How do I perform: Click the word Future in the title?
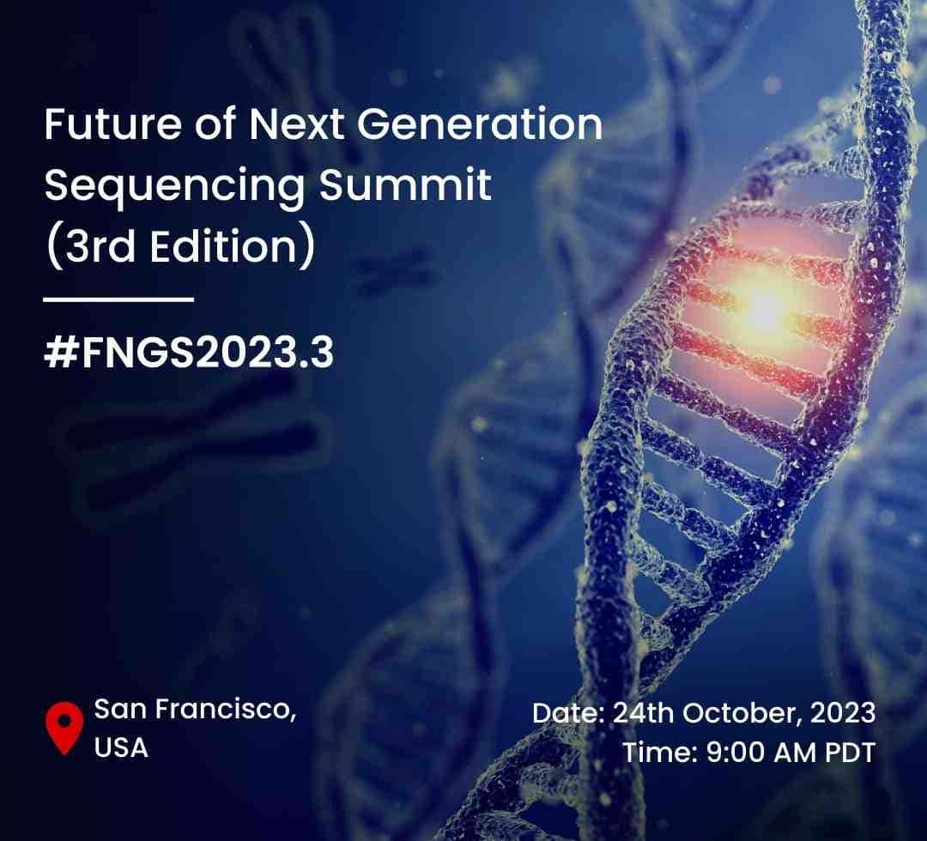point(113,124)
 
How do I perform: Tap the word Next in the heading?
point(295,124)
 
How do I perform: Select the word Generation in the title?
point(480,124)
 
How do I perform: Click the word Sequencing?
point(174,186)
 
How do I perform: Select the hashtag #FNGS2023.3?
point(189,353)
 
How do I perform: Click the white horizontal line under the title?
point(118,299)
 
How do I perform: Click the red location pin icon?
point(64,728)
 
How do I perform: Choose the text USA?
point(121,747)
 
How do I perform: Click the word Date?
point(568,713)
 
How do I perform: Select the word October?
point(743,713)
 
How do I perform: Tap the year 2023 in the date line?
point(843,713)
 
